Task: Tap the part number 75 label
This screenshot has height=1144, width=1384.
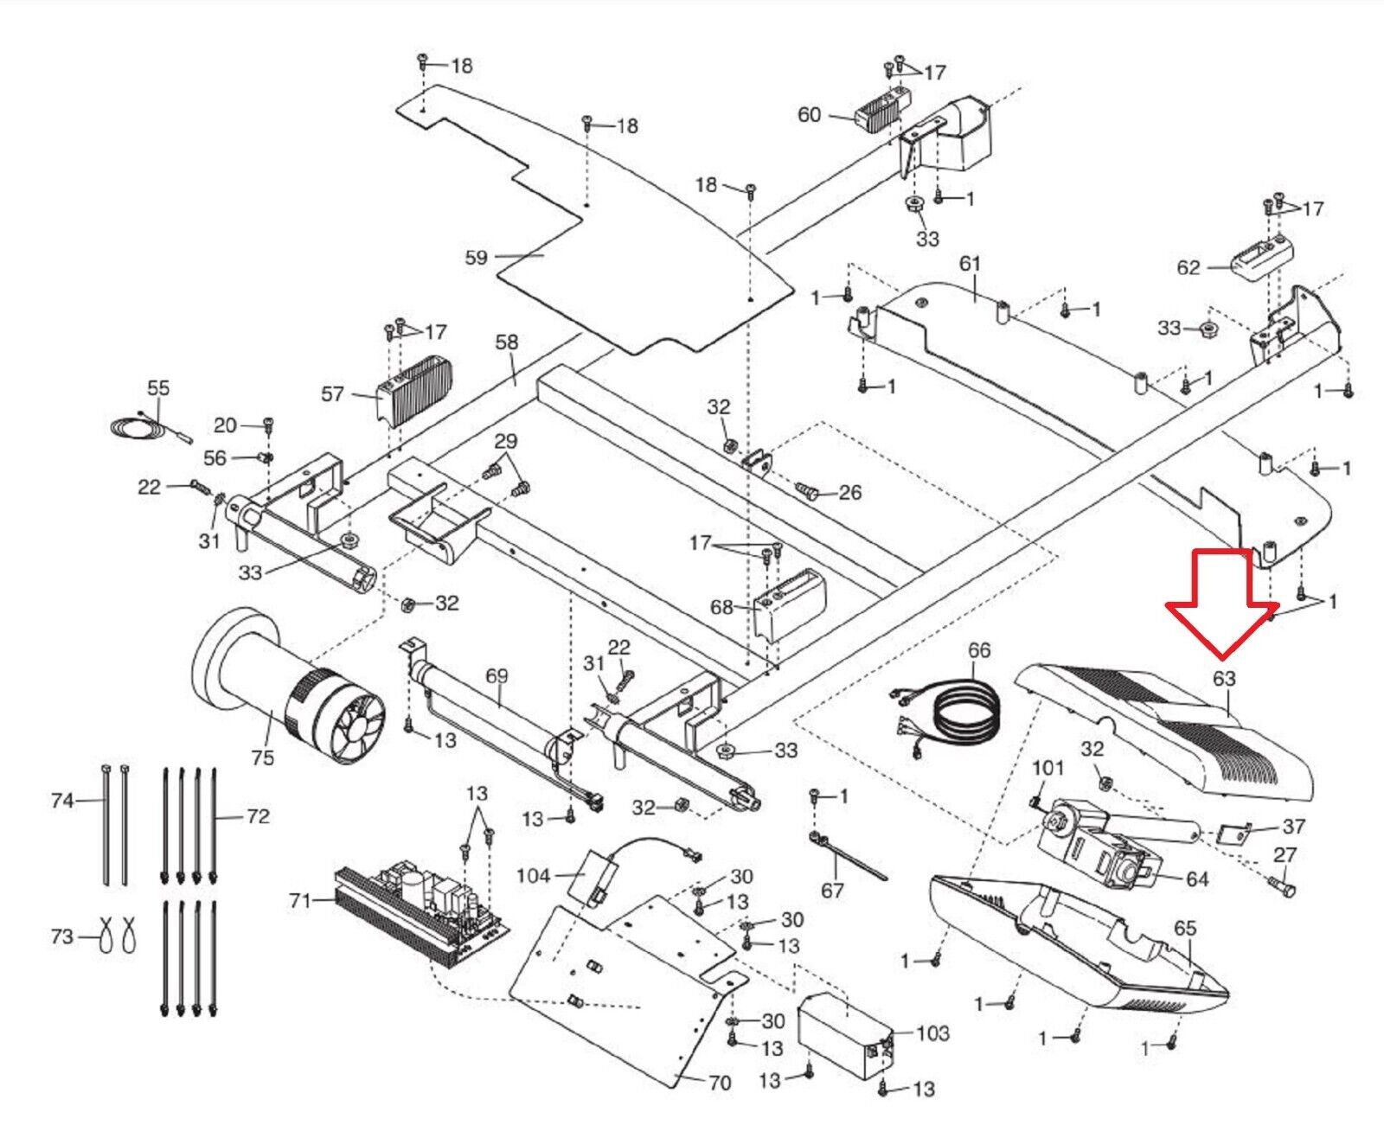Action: [262, 757]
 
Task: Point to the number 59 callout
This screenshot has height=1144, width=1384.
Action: [477, 257]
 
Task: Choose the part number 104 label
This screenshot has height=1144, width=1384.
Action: [533, 876]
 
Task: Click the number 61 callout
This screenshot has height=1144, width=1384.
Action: [970, 263]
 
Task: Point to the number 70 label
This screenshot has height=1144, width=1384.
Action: [720, 1083]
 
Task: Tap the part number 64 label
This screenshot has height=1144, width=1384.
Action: [1197, 879]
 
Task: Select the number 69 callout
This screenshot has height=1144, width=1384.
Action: [497, 675]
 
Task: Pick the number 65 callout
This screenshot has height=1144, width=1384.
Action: [1185, 928]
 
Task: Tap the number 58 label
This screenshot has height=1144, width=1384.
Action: [507, 342]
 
